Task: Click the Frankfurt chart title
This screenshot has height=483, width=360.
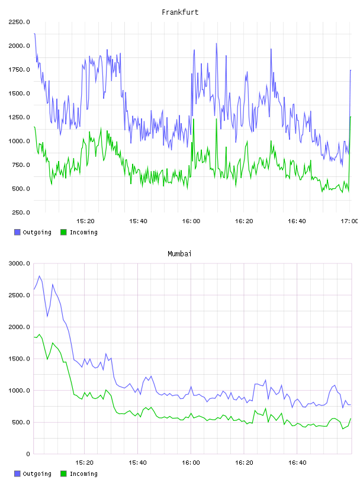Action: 180,12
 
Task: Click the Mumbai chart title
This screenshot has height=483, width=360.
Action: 179,253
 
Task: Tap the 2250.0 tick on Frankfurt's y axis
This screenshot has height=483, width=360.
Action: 19,22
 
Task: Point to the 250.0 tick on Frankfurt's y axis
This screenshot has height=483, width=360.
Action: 21,212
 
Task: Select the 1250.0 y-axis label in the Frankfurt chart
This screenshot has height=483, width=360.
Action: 19,117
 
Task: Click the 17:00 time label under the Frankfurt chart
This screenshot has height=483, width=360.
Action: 349,221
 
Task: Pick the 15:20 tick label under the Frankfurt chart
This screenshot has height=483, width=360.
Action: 85,221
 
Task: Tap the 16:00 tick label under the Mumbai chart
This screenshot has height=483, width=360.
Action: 191,463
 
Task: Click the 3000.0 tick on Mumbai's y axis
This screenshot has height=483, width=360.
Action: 19,263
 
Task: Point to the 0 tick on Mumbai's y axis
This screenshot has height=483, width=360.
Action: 28,454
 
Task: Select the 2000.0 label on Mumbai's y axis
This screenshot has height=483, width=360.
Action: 19,327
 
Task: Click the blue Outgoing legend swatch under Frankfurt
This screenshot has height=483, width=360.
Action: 17,232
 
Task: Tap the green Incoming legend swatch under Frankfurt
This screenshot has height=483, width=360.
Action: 63,232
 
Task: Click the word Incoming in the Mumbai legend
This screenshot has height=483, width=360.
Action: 83,474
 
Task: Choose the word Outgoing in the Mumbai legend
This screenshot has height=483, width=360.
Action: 37,474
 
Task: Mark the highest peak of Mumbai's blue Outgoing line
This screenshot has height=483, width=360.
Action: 40,276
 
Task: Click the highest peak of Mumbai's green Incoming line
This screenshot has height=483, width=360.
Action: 40,334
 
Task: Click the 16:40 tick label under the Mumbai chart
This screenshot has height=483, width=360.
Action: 297,463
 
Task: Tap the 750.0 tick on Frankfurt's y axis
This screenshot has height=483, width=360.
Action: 21,165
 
